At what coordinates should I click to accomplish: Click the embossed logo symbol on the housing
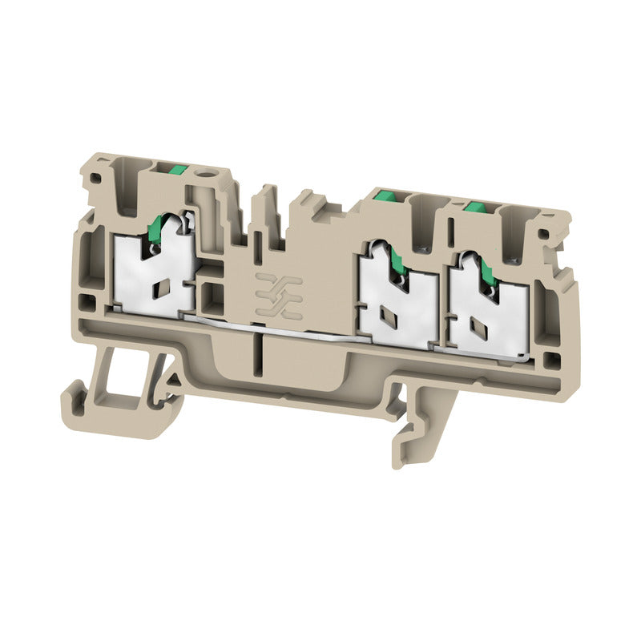pos(278,292)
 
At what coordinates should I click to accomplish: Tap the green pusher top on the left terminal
pos(178,170)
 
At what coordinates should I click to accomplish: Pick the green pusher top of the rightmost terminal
pos(476,207)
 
